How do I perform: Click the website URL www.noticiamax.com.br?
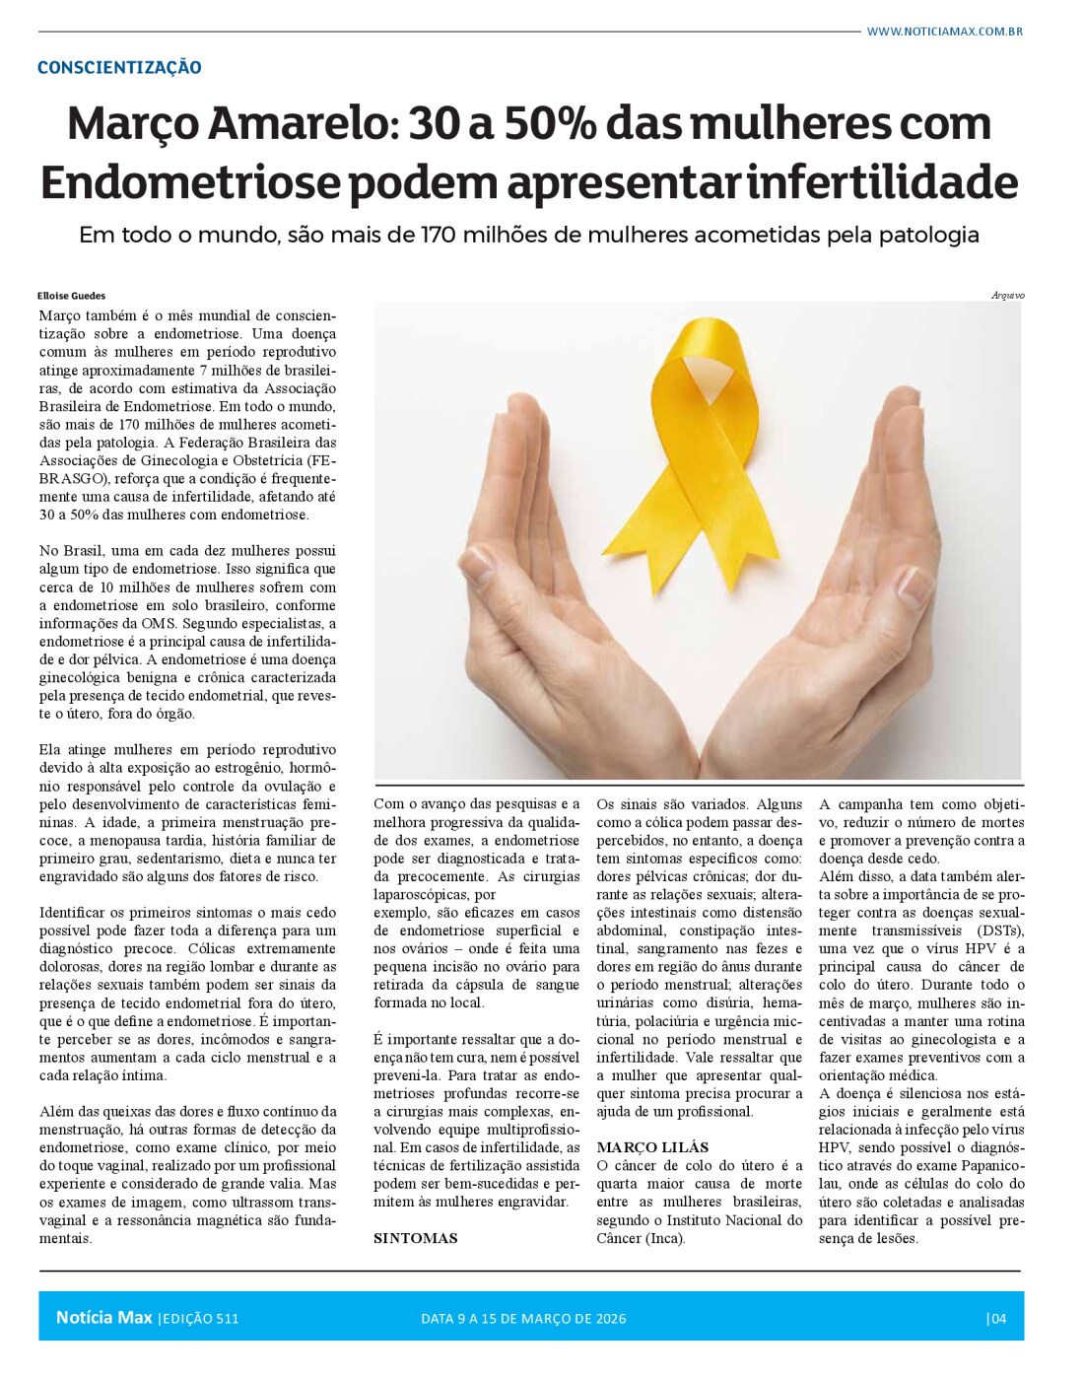pyautogui.click(x=944, y=32)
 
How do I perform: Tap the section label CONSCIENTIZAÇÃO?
pyautogui.click(x=119, y=68)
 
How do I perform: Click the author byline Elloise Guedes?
pyautogui.click(x=72, y=296)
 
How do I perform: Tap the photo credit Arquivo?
pyautogui.click(x=1007, y=296)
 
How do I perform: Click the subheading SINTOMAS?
pyautogui.click(x=416, y=1239)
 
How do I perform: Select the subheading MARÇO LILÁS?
pyautogui.click(x=652, y=1147)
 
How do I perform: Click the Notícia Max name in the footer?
pyautogui.click(x=103, y=1318)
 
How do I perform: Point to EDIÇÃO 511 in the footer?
pyautogui.click(x=200, y=1319)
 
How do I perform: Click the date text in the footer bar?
pyautogui.click(x=523, y=1319)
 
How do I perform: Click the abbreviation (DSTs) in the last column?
pyautogui.click(x=999, y=931)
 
